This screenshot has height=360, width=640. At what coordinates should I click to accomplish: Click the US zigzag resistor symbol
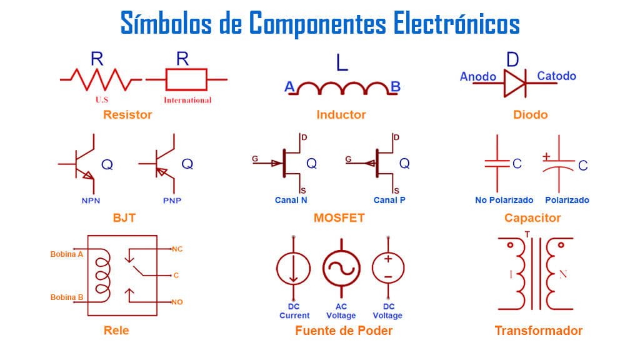point(100,79)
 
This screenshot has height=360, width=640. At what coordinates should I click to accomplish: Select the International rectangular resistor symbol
point(186,79)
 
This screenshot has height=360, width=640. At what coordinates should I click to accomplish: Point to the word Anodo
point(478,77)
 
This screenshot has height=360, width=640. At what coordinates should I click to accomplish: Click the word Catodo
point(556,76)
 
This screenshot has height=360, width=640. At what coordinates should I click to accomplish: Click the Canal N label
point(291,200)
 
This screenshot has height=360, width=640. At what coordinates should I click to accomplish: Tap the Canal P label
point(389,200)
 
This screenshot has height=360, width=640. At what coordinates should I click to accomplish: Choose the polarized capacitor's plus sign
point(547,156)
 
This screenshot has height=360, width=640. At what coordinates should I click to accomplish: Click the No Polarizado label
point(504,200)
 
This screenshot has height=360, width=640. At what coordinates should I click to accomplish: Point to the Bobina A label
point(67,254)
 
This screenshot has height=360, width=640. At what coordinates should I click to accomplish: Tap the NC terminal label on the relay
point(177,249)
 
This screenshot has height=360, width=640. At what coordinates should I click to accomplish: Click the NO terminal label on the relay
point(177,302)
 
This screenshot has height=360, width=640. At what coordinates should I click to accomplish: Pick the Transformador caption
point(538,331)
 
